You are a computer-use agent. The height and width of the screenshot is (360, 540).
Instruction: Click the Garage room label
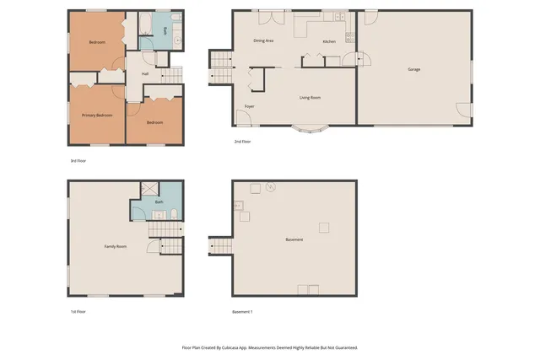pos(414,69)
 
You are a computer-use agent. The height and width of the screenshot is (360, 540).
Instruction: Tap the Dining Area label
pos(263,40)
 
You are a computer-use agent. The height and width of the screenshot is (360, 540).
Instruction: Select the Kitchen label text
pos(329,42)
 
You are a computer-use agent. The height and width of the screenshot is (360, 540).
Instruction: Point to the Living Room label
pos(310,98)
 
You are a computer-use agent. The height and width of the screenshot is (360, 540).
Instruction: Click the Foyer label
pos(250,106)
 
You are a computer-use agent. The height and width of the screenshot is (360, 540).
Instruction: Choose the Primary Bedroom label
pos(97,115)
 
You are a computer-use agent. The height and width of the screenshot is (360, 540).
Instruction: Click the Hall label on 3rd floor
pos(145,74)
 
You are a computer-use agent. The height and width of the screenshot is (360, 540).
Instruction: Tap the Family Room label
pos(116,246)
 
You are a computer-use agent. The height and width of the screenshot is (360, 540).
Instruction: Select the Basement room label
pos(294,240)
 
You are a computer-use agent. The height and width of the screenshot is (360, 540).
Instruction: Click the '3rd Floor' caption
pos(78,160)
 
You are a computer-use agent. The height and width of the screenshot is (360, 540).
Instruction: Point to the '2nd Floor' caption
pos(243,142)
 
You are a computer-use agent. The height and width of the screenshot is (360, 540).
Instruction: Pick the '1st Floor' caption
pos(78,312)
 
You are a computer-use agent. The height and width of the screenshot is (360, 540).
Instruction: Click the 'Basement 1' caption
pos(242,312)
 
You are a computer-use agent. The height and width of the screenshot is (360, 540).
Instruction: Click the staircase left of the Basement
pos(219,245)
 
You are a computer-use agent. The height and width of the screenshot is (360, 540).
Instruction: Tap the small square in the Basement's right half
pos(323,227)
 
